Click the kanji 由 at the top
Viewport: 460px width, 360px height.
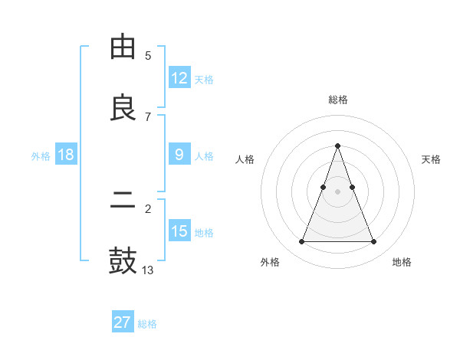click(123, 47)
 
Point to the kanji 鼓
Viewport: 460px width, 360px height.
click(123, 260)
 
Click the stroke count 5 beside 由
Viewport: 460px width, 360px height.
click(148, 55)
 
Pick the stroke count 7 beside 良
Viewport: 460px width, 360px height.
click(148, 116)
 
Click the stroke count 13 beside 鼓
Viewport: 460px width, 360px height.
click(148, 270)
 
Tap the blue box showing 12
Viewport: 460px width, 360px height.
click(179, 78)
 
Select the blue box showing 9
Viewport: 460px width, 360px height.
click(179, 155)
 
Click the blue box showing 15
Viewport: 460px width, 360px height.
click(179, 231)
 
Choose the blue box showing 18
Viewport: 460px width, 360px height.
click(66, 155)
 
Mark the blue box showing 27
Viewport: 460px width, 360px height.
click(123, 322)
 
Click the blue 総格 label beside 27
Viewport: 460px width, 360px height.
click(148, 324)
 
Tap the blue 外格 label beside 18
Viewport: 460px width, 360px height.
click(41, 156)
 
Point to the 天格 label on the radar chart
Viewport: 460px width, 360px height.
click(432, 159)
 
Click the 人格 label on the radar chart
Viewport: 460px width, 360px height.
click(245, 159)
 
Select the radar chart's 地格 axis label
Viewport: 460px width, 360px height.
click(402, 262)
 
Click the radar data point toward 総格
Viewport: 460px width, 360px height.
click(337, 146)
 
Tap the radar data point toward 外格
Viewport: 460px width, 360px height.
click(301, 242)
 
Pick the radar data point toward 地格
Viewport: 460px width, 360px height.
click(373, 242)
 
